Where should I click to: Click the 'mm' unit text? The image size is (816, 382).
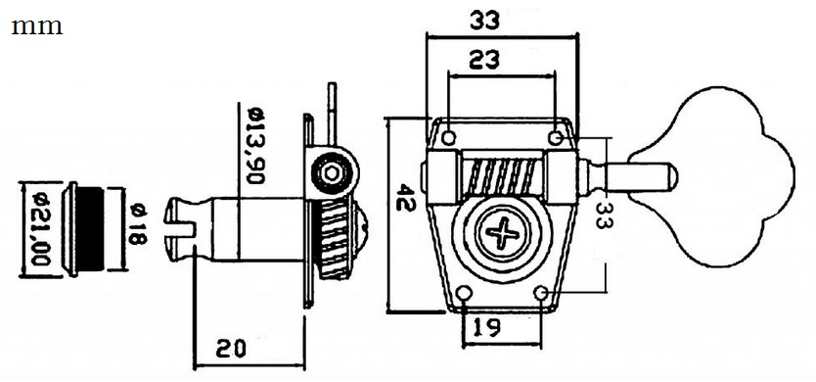click(37, 26)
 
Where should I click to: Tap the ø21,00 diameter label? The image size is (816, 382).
click(40, 229)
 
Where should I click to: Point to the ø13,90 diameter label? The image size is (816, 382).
click(255, 145)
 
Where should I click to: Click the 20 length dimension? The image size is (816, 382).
click(231, 348)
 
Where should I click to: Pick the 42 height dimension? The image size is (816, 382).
click(406, 197)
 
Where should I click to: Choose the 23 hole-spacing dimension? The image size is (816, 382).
click(484, 60)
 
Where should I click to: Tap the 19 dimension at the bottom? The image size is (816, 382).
click(487, 327)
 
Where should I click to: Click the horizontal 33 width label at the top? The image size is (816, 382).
click(484, 21)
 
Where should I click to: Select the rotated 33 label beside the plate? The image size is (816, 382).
click(605, 215)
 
